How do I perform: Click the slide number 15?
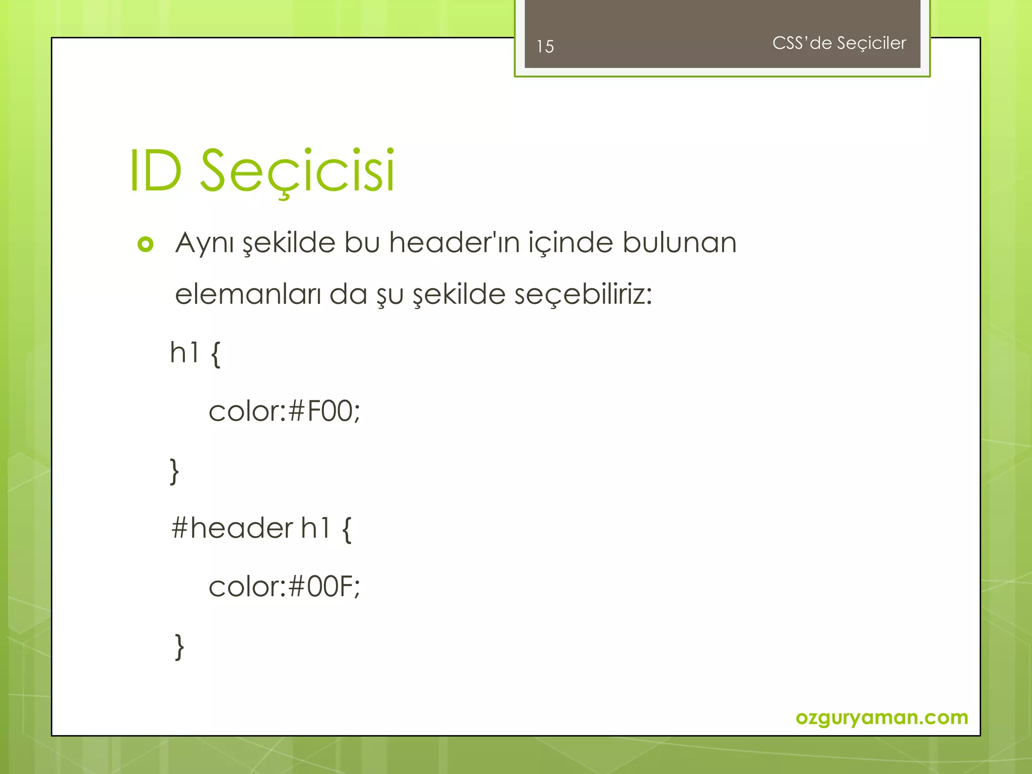[545, 46]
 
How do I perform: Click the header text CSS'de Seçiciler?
[839, 43]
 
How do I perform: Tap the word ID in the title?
[156, 171]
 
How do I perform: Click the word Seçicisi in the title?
[297, 171]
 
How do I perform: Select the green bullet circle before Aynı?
[145, 244]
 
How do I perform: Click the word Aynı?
[204, 243]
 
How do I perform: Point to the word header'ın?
[454, 242]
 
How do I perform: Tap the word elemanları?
[247, 294]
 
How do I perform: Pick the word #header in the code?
[232, 529]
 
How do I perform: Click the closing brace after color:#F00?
[174, 471]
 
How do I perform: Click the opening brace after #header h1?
[347, 529]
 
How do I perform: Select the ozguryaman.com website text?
[881, 717]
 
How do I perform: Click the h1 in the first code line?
[184, 352]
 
